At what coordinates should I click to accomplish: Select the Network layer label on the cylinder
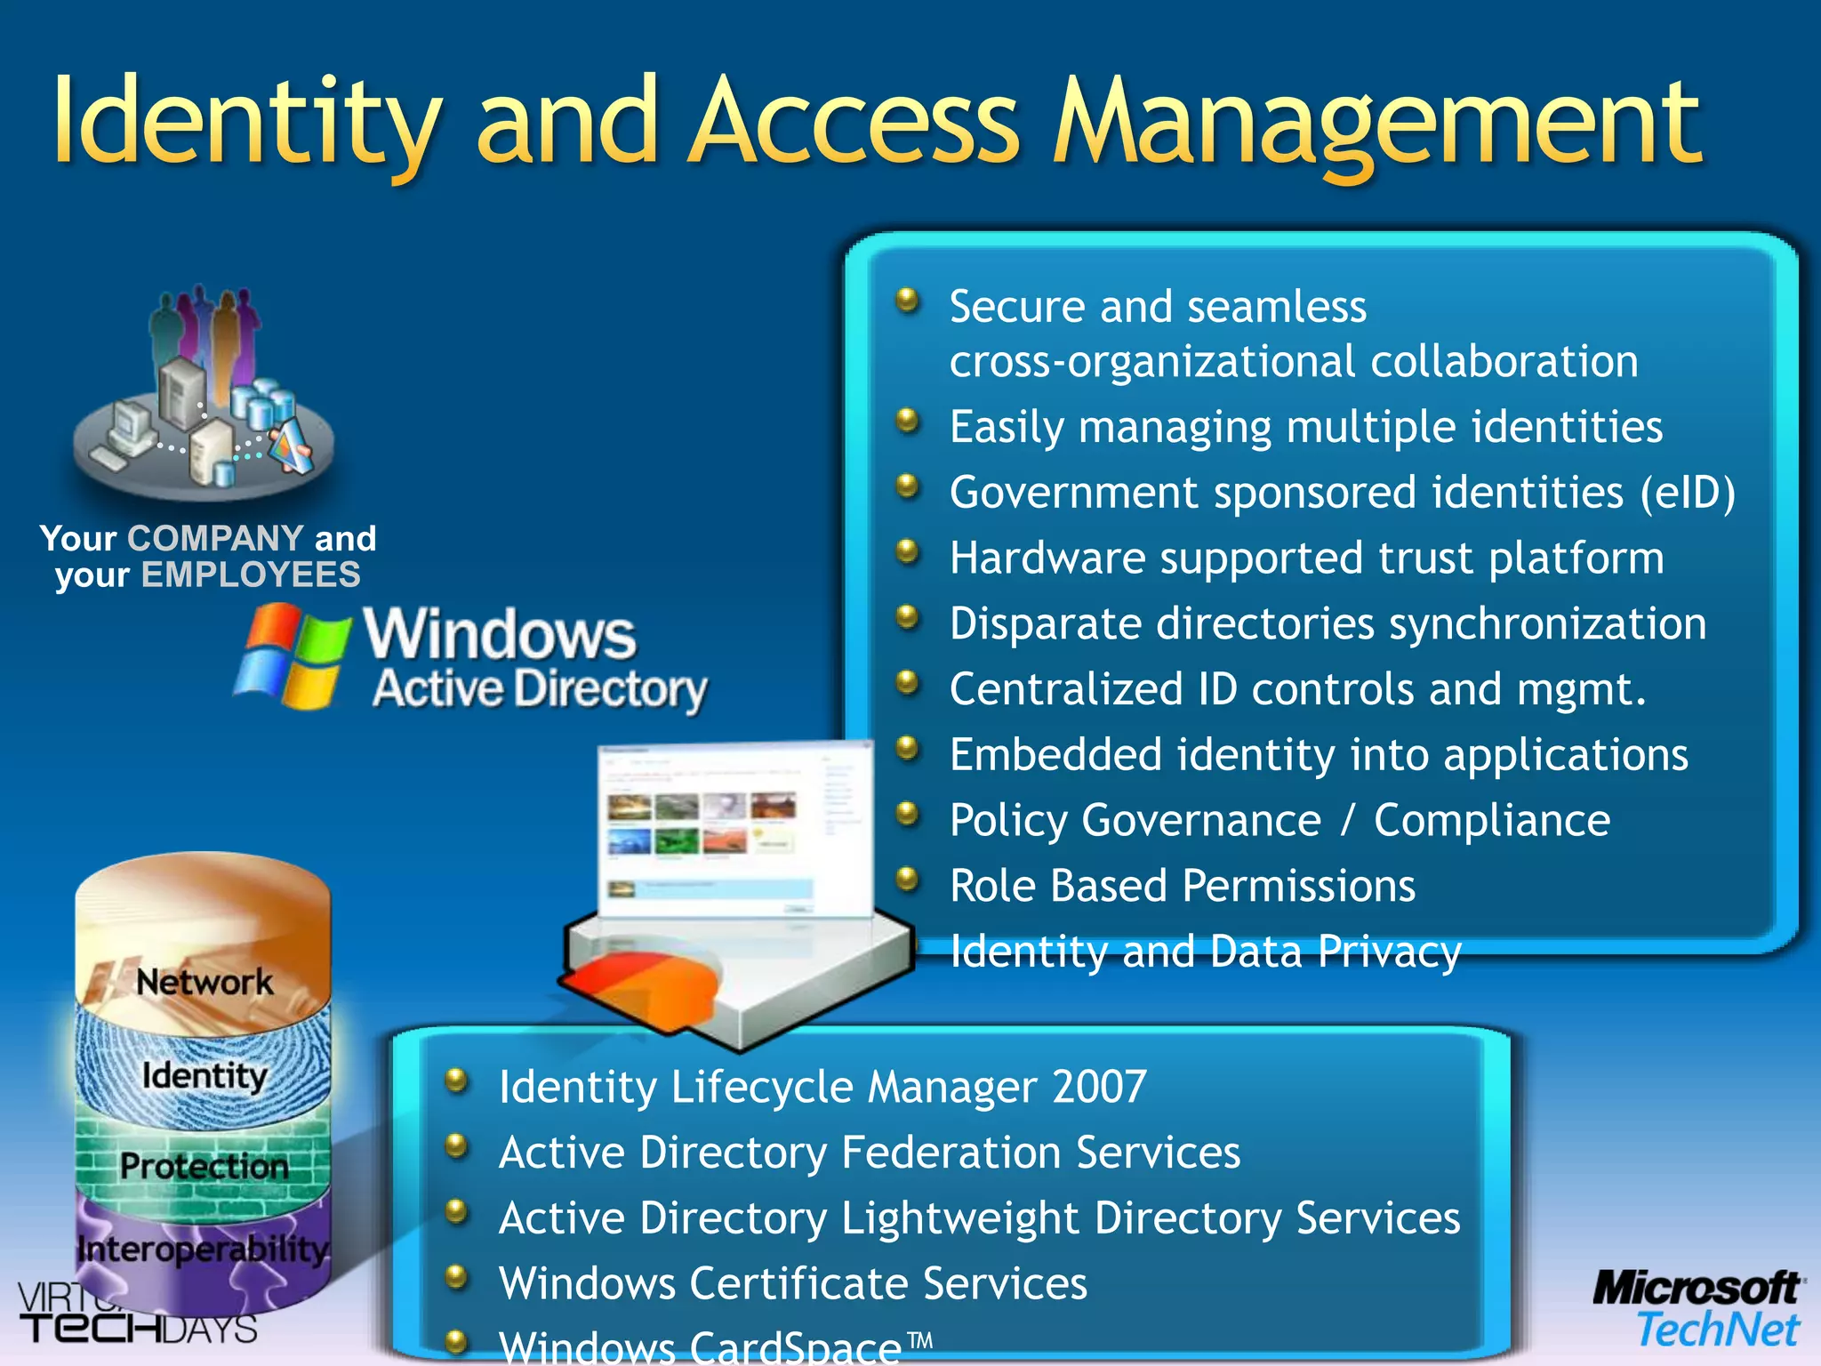(205, 983)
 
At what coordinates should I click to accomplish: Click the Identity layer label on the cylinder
(205, 1076)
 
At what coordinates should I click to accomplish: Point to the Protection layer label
(205, 1166)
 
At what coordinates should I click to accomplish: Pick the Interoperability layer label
(203, 1249)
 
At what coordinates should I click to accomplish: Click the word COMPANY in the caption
(215, 538)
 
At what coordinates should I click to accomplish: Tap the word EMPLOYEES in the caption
(251, 575)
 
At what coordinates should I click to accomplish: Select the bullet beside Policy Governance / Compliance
(906, 813)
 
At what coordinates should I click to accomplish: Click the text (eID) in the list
(1687, 492)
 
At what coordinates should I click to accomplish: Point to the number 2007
(1099, 1087)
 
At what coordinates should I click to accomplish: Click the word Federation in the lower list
(951, 1153)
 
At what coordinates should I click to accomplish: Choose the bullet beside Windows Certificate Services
(456, 1277)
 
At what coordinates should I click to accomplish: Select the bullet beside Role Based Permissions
(906, 879)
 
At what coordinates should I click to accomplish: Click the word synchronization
(1547, 623)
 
